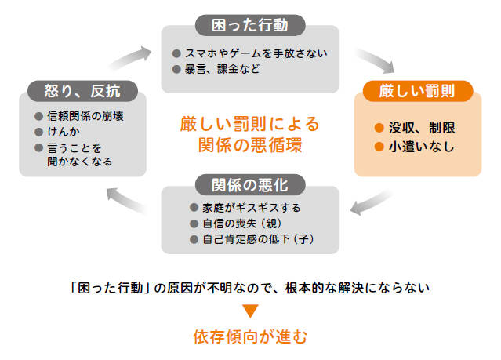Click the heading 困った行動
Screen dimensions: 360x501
(250, 25)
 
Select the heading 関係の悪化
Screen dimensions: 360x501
(250, 186)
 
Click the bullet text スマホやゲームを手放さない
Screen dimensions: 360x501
(254, 53)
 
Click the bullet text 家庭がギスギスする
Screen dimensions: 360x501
(249, 207)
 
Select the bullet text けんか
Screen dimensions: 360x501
(65, 131)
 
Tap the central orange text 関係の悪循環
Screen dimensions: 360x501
(250, 145)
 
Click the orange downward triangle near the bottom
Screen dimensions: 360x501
(250, 311)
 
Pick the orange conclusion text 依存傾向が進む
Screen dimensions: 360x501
(250, 337)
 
